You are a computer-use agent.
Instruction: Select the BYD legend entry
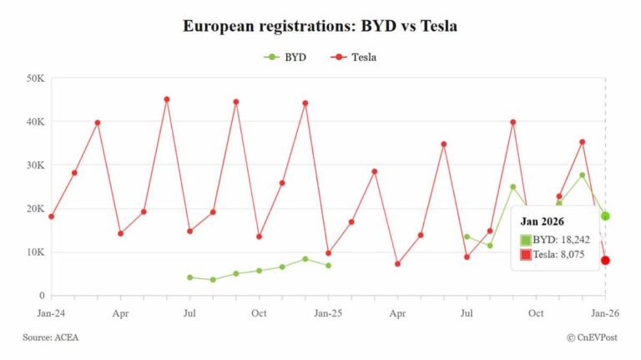click(285, 58)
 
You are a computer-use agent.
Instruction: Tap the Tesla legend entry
click(356, 58)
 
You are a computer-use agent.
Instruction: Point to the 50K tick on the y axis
click(34, 79)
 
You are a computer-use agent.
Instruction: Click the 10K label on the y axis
click(34, 252)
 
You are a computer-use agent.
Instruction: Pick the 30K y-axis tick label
click(34, 165)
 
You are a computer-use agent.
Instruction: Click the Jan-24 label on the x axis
click(51, 313)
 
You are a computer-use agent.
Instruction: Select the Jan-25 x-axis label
click(328, 313)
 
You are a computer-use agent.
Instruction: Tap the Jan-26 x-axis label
click(605, 313)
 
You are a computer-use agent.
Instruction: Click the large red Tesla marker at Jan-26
click(605, 261)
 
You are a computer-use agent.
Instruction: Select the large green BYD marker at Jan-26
click(605, 216)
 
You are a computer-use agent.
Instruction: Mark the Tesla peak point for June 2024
click(167, 99)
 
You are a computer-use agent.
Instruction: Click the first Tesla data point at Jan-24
click(51, 216)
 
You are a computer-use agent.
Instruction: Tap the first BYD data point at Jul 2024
click(189, 277)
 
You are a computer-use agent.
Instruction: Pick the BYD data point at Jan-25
click(328, 266)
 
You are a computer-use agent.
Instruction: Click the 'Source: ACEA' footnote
click(51, 337)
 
